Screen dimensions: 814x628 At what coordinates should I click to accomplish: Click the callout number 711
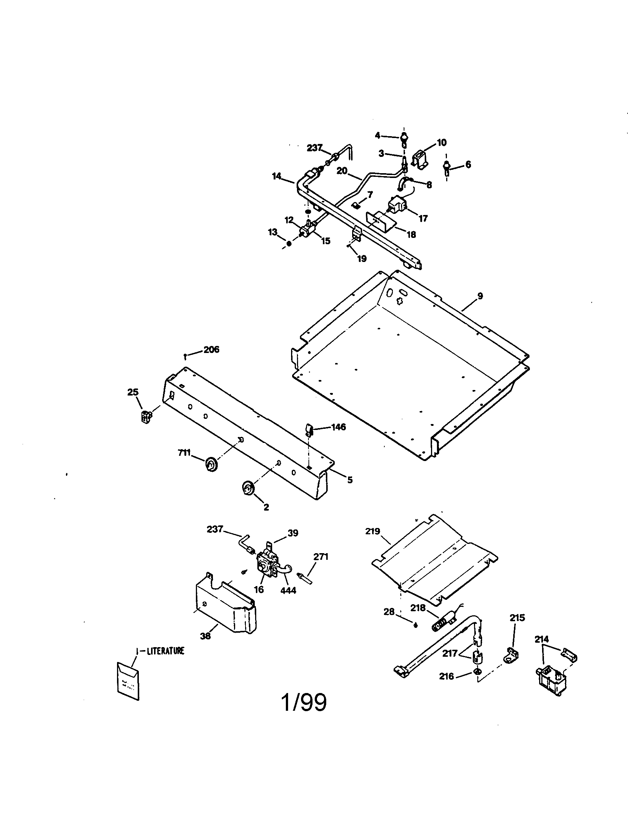point(184,453)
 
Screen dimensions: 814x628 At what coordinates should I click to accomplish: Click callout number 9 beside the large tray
point(480,296)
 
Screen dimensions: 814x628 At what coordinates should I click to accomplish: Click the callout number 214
point(541,640)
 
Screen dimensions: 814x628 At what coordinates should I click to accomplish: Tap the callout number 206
point(211,350)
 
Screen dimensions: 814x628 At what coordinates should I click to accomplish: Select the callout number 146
point(338,427)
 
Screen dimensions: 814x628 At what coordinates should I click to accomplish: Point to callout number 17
point(423,218)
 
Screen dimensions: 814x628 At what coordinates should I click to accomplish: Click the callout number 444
point(288,591)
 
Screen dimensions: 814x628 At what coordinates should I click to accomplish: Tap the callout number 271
point(321,557)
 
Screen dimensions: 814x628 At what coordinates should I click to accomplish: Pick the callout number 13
point(273,232)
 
